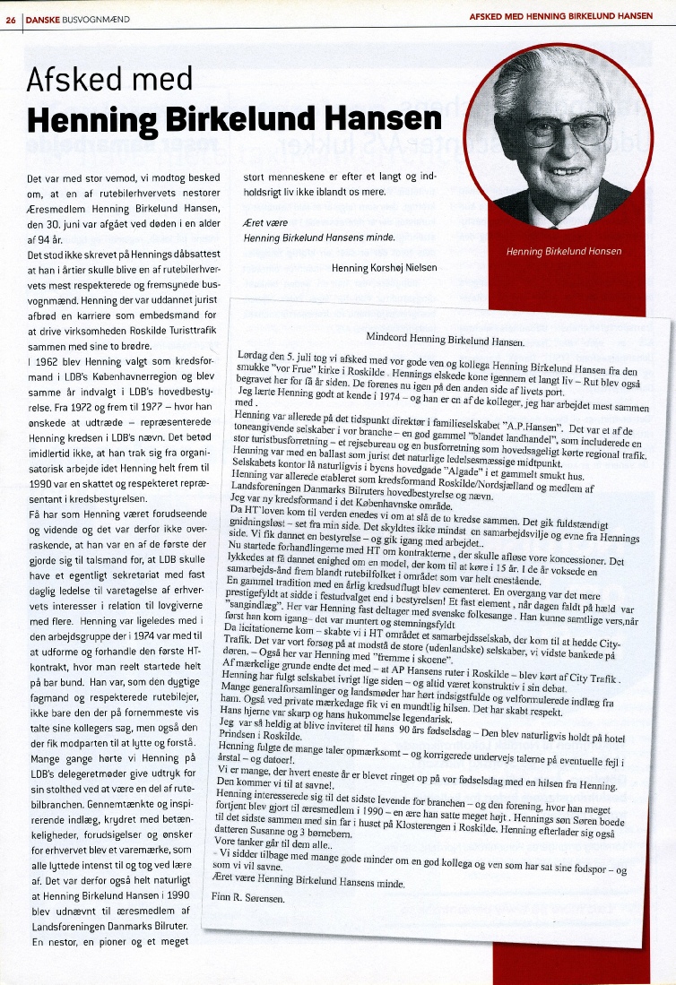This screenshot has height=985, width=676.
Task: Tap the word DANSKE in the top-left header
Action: point(40,18)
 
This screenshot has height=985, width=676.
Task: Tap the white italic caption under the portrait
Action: point(563,251)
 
